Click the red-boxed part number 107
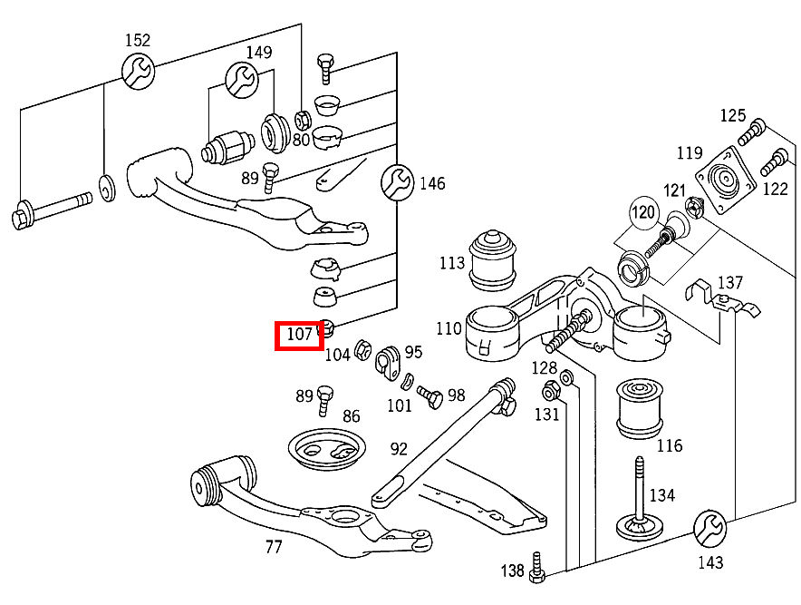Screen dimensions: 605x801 pyautogui.click(x=300, y=335)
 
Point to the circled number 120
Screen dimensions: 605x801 pyautogui.click(x=643, y=214)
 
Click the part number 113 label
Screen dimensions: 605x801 pyautogui.click(x=451, y=264)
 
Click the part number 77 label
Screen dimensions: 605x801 pyautogui.click(x=274, y=547)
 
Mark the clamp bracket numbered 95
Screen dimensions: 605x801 pyautogui.click(x=389, y=360)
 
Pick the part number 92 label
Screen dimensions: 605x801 pyautogui.click(x=400, y=448)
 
